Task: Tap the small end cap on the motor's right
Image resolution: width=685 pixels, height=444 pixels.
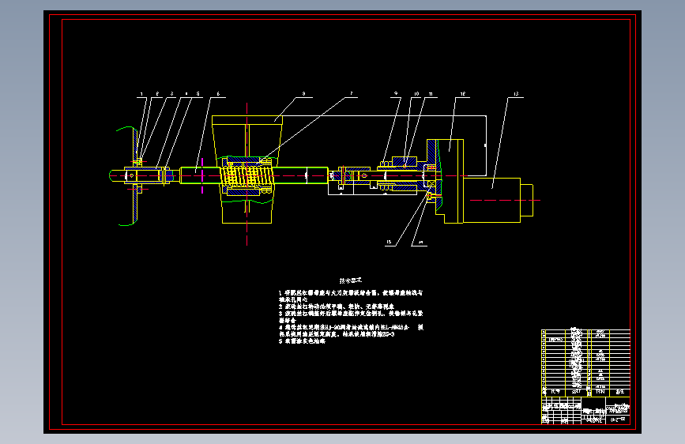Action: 529,194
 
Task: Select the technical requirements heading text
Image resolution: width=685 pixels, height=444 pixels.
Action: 350,280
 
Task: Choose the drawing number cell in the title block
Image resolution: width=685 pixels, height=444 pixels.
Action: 617,418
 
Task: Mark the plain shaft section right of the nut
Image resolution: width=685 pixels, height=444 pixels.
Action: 300,175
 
